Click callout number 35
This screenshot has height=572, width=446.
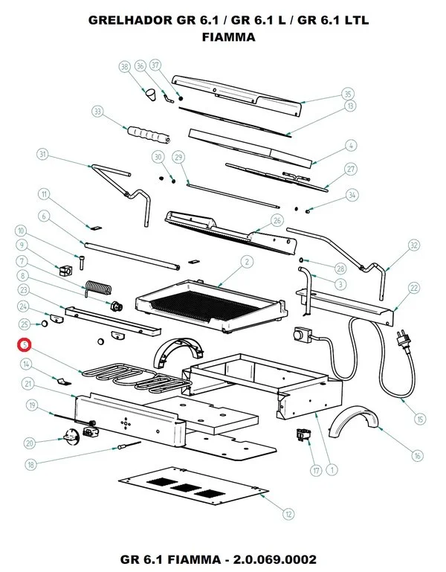347,94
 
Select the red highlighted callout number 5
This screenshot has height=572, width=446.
25,345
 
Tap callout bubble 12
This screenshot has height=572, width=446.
288,512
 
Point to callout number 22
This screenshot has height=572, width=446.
414,289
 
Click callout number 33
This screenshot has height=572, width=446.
97,112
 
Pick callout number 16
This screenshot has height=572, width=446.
417,455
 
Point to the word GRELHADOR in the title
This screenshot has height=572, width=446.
127,22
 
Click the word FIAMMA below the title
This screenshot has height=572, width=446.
228,37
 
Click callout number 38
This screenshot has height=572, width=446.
125,67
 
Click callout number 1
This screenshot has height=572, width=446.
331,469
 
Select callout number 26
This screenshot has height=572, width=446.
277,221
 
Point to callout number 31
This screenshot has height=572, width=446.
43,155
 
